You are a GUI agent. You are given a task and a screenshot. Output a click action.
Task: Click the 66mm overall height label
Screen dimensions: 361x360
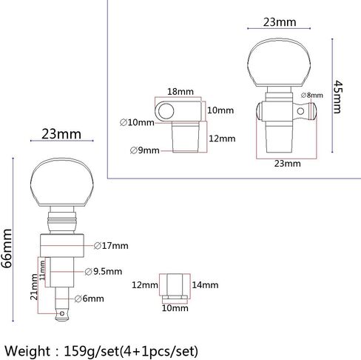click(x=7, y=248)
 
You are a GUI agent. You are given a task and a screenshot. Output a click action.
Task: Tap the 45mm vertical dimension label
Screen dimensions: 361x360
click(x=337, y=96)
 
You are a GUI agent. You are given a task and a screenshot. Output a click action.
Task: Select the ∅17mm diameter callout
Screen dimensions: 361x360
click(x=111, y=246)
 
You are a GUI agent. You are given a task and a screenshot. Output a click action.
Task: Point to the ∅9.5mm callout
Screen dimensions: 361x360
click(x=104, y=271)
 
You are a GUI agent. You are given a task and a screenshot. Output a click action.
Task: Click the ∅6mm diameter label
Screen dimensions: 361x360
click(x=89, y=299)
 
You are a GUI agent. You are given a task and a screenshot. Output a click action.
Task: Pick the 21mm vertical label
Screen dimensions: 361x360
click(x=34, y=287)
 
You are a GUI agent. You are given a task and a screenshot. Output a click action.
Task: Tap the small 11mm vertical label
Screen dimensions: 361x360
click(x=42, y=270)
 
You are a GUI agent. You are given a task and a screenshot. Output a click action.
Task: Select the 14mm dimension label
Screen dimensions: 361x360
click(x=205, y=285)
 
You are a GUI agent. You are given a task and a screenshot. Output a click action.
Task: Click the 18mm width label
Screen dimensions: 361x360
click(x=180, y=92)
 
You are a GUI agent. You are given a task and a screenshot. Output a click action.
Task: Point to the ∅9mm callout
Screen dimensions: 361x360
click(x=145, y=150)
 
